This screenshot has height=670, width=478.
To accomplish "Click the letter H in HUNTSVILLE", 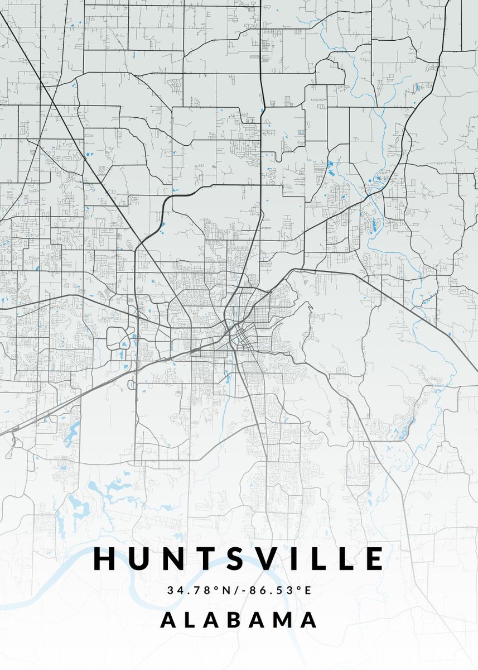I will click(105, 558).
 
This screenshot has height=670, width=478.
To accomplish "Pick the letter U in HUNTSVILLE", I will click(137, 558).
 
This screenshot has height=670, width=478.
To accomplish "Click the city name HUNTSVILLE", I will click(239, 558).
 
